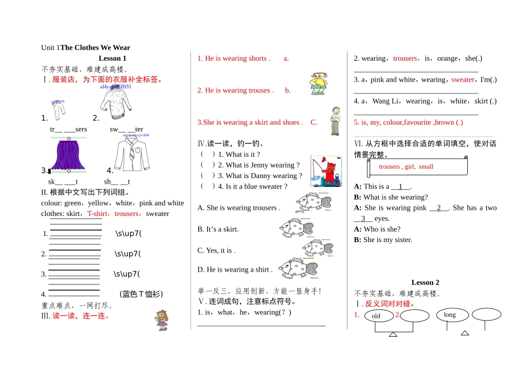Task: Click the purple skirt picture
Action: tap(68, 154)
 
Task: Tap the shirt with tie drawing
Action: tap(132, 154)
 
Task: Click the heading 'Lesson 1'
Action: tap(112, 58)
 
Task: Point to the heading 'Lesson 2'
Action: tap(425, 283)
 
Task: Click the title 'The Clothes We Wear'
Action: tap(95, 48)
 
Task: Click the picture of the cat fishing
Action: tap(326, 170)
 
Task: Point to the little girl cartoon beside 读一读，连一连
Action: tap(162, 319)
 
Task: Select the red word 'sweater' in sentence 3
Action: tap(463, 80)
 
